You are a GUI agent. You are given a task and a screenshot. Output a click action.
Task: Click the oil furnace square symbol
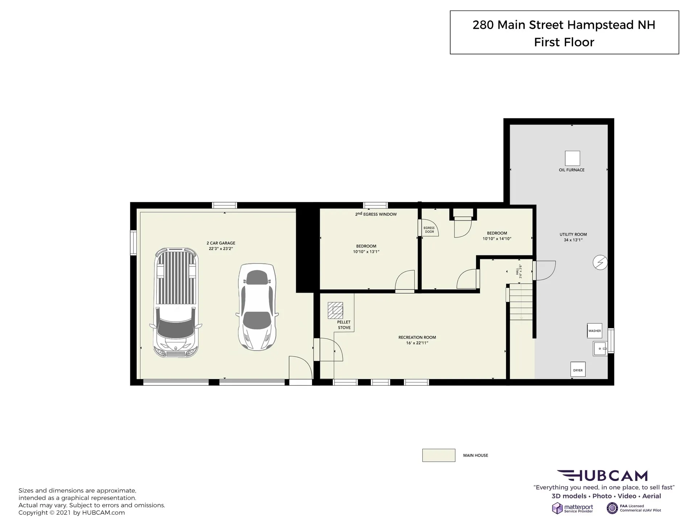(x=572, y=158)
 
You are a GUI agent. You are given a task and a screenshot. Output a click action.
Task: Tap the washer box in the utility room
(x=594, y=331)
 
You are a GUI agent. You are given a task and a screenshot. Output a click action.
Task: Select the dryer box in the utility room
(x=578, y=369)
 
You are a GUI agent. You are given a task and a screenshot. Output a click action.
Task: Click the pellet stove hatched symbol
(x=335, y=310)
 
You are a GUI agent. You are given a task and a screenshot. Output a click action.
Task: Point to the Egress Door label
(x=429, y=230)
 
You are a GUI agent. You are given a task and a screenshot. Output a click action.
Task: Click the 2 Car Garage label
(x=221, y=246)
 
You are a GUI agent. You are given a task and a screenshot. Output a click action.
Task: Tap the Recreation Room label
(x=417, y=340)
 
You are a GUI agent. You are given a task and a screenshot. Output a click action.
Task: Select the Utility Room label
(x=573, y=237)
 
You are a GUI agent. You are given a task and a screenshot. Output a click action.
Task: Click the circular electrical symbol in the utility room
(x=600, y=262)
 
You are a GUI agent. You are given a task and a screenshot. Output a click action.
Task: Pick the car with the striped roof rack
(x=176, y=303)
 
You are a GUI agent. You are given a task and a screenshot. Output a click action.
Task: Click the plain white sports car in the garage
(x=257, y=307)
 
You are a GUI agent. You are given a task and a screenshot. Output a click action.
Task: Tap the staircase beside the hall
(x=521, y=302)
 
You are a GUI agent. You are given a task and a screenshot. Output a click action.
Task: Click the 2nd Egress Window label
(x=376, y=214)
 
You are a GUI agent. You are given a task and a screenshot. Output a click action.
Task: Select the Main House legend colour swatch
(x=439, y=455)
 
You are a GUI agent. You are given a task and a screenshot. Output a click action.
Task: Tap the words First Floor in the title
(x=564, y=42)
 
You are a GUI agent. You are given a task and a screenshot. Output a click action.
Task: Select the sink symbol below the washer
(x=600, y=349)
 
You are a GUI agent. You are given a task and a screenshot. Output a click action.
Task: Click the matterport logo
(x=573, y=508)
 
